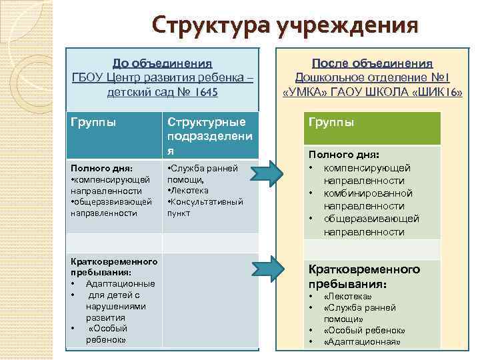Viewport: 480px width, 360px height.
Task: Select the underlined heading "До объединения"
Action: click(x=162, y=63)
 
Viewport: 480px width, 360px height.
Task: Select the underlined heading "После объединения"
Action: click(x=373, y=63)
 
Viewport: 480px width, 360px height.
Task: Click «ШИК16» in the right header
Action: click(x=441, y=91)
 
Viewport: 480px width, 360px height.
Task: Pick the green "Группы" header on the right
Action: click(x=331, y=123)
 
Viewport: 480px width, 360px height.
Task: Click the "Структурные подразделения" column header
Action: click(x=207, y=137)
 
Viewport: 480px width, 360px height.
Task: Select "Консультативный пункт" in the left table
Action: click(x=207, y=207)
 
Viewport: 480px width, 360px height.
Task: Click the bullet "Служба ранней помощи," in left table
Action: click(x=201, y=175)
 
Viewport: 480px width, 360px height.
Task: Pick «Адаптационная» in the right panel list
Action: click(x=361, y=342)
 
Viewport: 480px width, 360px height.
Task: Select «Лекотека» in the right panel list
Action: click(x=347, y=296)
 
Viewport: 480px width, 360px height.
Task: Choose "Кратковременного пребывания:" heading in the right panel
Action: click(x=363, y=276)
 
